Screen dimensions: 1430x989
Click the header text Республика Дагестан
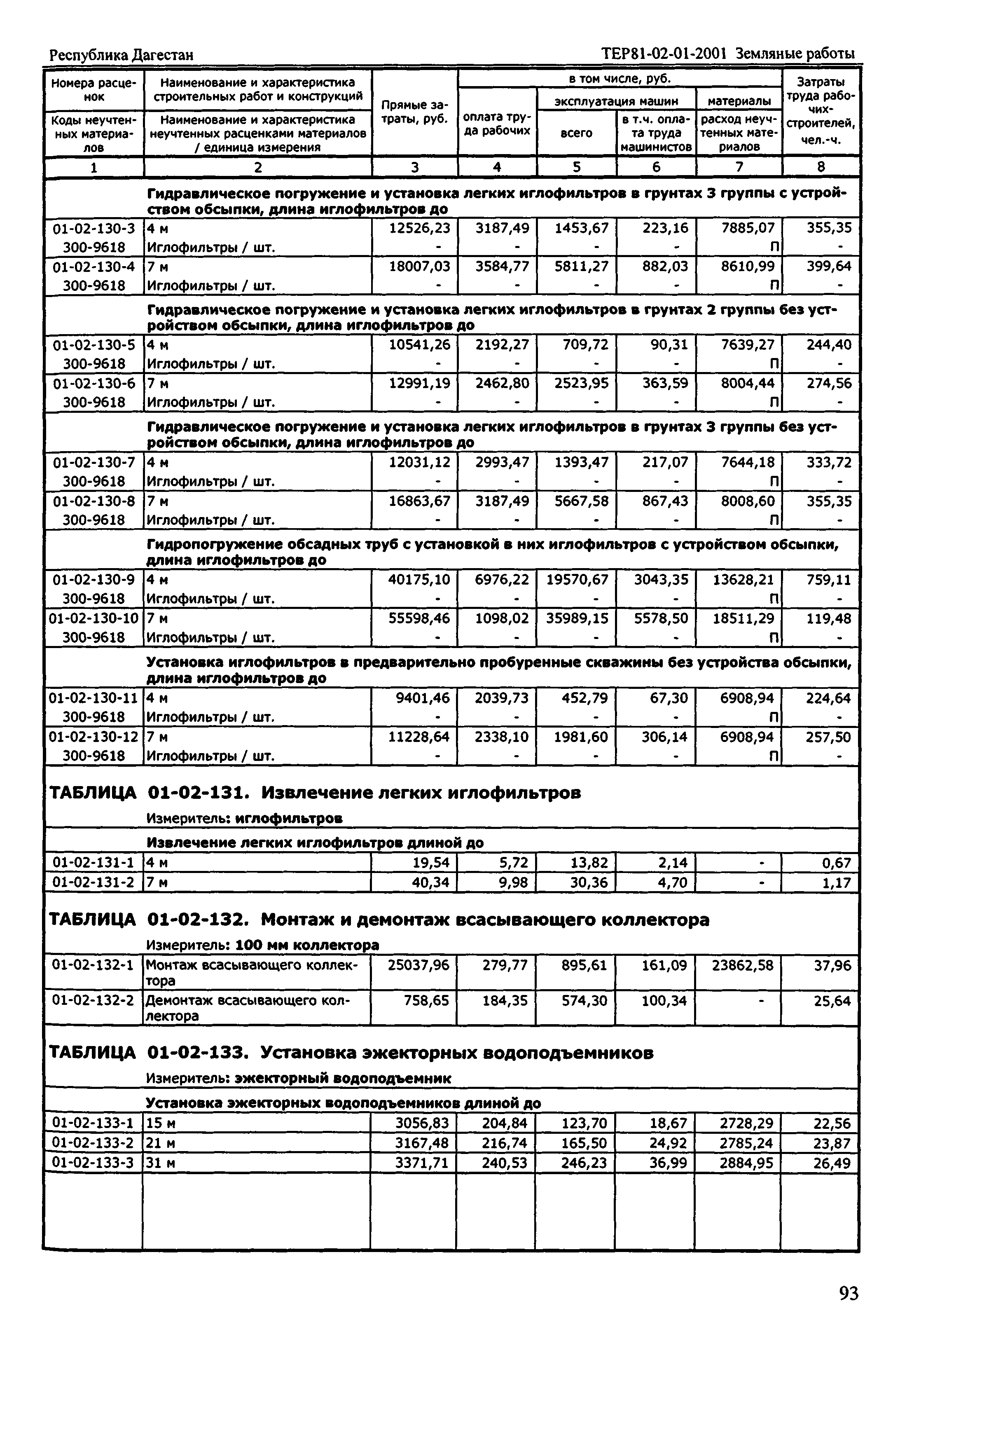[122, 55]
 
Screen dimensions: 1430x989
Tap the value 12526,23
[419, 228]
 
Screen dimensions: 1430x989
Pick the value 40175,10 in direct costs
[419, 580]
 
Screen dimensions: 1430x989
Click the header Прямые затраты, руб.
[414, 112]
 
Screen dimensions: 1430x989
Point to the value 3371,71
[421, 1163]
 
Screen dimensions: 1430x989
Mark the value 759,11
[828, 580]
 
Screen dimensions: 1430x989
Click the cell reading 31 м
[161, 1163]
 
